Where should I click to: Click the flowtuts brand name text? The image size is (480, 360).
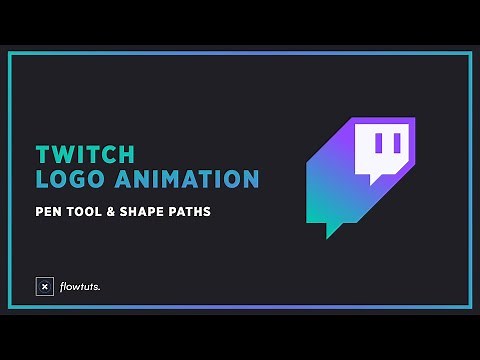click(79, 287)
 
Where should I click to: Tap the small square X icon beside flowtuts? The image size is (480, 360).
click(44, 287)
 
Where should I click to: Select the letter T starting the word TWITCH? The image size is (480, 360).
click(42, 155)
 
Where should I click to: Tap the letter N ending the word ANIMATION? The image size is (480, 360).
click(252, 180)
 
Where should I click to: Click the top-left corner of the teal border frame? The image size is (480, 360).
click(10, 53)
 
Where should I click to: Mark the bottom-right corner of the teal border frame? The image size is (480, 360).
click(470, 307)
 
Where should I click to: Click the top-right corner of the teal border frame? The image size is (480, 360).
click(470, 53)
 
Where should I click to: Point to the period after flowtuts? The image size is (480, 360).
click(100, 290)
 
